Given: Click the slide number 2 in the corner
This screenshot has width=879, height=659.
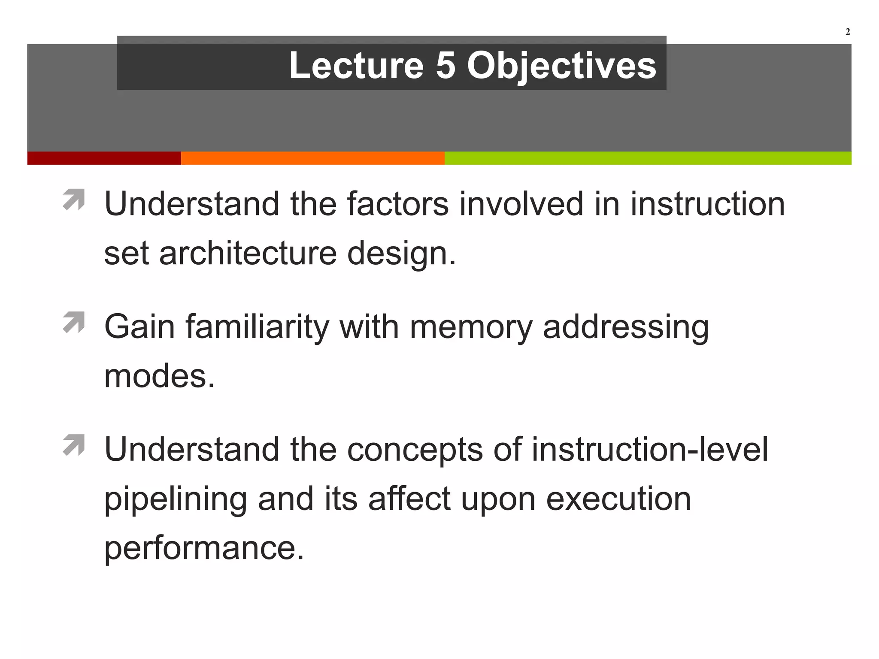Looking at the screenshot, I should tap(848, 32).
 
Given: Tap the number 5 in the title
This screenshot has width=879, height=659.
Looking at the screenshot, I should tap(446, 65).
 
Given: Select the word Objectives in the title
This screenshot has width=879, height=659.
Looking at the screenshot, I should tap(561, 66).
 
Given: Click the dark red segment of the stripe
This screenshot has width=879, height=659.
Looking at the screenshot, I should tap(104, 158).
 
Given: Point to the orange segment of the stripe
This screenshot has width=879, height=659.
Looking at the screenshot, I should tap(312, 158).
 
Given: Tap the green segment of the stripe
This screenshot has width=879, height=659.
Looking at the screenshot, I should tap(648, 158).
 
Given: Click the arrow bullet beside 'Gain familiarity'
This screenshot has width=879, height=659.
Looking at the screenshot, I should tap(74, 323).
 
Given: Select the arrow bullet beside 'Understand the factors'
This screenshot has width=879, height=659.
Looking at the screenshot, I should tap(74, 200).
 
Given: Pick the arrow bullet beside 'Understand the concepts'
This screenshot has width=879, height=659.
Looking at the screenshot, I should tap(74, 445).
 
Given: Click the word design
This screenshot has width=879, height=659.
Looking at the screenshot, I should tap(401, 254).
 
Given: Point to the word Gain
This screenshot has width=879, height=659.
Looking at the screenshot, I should tap(140, 327).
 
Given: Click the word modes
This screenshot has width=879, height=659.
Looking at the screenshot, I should tap(159, 376).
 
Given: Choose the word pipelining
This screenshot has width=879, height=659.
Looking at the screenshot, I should tap(176, 500).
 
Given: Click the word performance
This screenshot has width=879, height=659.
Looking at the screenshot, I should tap(204, 549).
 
